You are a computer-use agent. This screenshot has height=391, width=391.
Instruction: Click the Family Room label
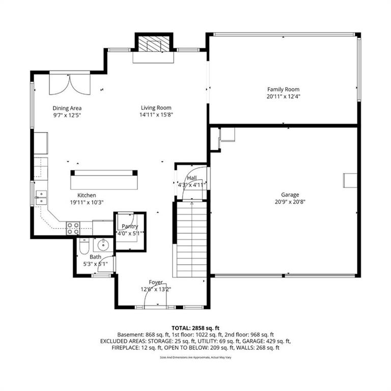click(283, 89)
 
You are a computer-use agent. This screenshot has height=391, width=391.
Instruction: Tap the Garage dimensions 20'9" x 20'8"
click(290, 202)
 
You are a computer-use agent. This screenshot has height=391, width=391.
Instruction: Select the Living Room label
click(156, 108)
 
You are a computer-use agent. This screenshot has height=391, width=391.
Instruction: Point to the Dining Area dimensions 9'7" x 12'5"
click(67, 115)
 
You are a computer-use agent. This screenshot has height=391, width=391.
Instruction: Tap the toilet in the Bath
click(84, 246)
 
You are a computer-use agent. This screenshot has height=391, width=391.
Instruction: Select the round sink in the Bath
click(103, 245)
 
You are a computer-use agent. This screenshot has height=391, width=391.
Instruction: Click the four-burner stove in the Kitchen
click(73, 229)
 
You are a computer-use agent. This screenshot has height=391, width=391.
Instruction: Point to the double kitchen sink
click(41, 198)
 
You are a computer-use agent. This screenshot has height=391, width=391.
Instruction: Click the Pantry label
click(130, 227)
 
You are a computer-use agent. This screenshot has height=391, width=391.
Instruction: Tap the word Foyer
click(156, 282)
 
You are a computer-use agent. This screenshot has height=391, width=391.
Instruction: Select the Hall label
click(192, 178)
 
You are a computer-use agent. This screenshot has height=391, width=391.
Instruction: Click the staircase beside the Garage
click(192, 239)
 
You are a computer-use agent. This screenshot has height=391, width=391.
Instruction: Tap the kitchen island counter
click(104, 180)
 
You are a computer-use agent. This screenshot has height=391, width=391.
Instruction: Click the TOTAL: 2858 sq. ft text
click(195, 328)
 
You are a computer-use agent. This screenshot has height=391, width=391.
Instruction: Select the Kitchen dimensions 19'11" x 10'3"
click(87, 202)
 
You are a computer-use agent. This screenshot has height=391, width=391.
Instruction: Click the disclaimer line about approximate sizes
click(195, 357)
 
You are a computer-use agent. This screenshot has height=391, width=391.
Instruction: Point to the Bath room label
click(96, 257)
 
